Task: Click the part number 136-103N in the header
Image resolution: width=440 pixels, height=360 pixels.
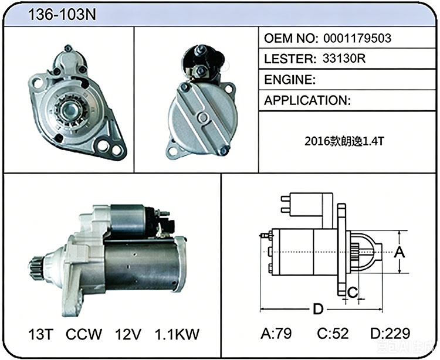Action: click(x=62, y=14)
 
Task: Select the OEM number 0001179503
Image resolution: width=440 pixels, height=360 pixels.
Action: click(x=357, y=39)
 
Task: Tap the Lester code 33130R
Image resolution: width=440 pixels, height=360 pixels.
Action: click(x=344, y=59)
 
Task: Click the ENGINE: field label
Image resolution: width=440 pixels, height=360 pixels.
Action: click(x=290, y=80)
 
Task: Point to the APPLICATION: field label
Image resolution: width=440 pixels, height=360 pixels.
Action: click(x=307, y=100)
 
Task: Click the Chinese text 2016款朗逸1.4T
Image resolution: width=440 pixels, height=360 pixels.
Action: click(x=344, y=141)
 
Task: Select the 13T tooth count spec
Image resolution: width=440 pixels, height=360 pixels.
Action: click(x=41, y=334)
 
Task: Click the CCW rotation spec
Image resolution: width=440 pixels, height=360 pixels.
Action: click(x=84, y=334)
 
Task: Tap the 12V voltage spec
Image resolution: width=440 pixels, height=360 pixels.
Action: click(x=128, y=334)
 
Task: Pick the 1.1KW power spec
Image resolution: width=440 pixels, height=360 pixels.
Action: click(x=177, y=334)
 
